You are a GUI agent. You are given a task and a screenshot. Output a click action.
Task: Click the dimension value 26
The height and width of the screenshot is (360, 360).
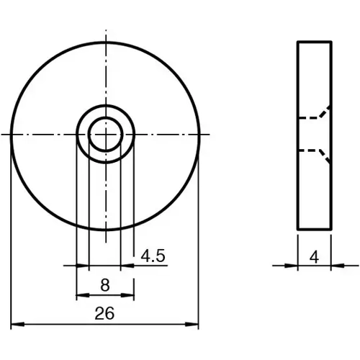click(105, 313)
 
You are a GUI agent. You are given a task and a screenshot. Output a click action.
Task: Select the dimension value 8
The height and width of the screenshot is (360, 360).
click(105, 284)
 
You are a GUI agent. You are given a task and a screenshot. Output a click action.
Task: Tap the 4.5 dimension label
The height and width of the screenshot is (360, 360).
click(153, 255)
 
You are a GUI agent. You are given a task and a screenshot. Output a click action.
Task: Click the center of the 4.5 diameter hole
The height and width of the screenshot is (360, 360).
click(105, 135)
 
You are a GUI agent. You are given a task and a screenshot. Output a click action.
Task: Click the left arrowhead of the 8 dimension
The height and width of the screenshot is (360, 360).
click(80, 296)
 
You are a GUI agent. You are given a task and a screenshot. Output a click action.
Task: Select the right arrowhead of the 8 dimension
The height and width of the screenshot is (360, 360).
click(130, 296)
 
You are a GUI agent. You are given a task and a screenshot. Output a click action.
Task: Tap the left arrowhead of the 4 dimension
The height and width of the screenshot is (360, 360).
click(294, 265)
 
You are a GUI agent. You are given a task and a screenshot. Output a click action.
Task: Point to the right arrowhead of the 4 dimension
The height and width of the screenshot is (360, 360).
click(335, 265)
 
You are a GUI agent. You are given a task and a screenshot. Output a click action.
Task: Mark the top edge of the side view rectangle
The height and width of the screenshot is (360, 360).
click(315, 42)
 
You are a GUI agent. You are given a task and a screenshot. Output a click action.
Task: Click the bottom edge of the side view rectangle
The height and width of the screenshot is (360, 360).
click(315, 230)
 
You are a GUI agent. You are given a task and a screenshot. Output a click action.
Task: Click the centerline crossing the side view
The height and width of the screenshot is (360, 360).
click(315, 135)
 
